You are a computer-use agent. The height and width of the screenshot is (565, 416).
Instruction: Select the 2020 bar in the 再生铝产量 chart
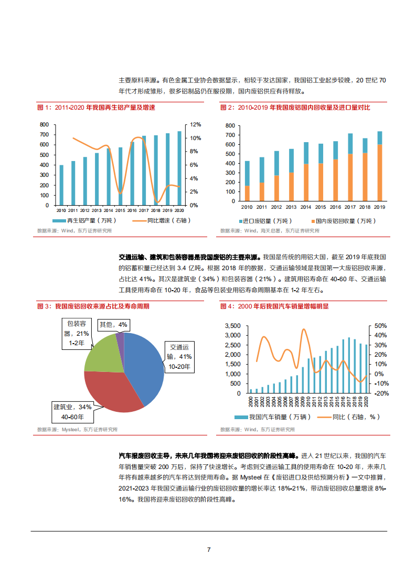click(179, 168)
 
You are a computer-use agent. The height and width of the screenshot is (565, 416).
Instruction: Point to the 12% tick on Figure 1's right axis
click(195, 124)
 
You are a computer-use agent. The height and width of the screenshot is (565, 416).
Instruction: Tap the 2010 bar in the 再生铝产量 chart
click(61, 185)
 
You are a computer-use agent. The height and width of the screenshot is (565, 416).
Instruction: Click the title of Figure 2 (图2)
click(295, 108)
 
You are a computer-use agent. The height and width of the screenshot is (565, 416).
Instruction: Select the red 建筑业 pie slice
click(110, 391)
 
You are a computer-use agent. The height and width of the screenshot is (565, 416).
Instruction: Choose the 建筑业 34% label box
click(72, 412)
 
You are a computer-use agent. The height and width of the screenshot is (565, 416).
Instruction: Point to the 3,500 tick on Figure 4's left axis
click(233, 326)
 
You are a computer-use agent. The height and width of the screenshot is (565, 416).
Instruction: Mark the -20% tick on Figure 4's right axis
click(380, 393)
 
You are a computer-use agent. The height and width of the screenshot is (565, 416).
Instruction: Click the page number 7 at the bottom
click(208, 549)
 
